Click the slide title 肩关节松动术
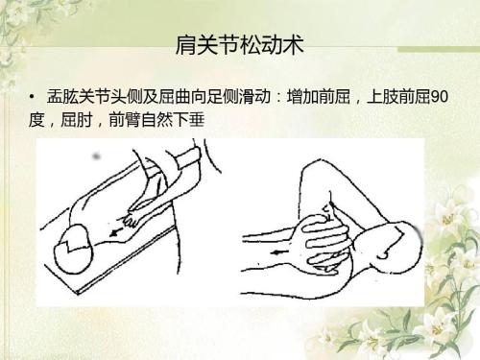(x=239, y=45)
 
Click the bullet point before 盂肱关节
(x=32, y=96)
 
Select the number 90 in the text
(x=439, y=97)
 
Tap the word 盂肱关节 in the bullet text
(x=79, y=97)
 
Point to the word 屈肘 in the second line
(x=77, y=120)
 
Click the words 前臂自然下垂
(x=156, y=120)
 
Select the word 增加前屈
(x=319, y=97)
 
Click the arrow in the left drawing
(x=115, y=232)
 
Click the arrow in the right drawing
(x=280, y=252)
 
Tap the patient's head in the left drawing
(x=74, y=249)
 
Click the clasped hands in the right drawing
(x=324, y=243)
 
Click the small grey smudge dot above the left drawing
(x=96, y=156)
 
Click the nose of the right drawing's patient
(x=381, y=256)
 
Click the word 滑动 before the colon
(x=254, y=97)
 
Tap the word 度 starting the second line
(x=36, y=120)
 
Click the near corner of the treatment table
(x=78, y=294)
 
